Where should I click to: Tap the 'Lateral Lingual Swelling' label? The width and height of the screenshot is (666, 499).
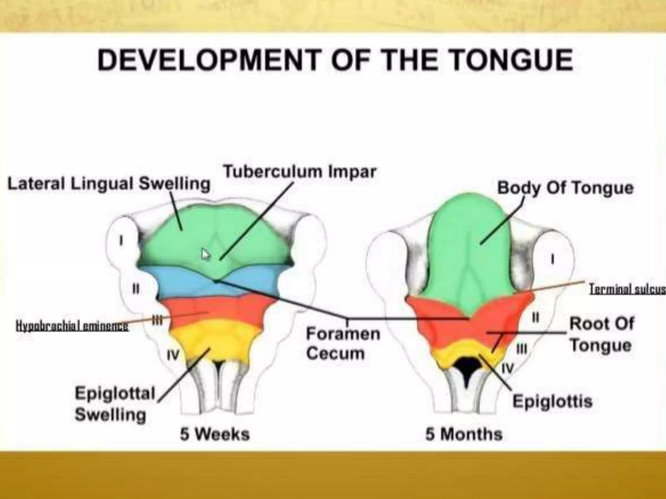pyautogui.click(x=109, y=184)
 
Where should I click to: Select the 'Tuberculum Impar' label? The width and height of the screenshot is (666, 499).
pyautogui.click(x=300, y=171)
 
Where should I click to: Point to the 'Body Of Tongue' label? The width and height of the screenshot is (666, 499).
pyautogui.click(x=566, y=188)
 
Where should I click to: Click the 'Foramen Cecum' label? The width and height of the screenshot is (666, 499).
pyautogui.click(x=343, y=343)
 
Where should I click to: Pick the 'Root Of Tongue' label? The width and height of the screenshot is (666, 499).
pyautogui.click(x=601, y=334)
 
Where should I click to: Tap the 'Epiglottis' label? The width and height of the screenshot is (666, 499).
pyautogui.click(x=553, y=402)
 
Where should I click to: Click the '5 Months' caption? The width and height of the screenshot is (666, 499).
pyautogui.click(x=464, y=434)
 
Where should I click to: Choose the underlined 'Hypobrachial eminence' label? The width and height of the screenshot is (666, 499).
pyautogui.click(x=72, y=326)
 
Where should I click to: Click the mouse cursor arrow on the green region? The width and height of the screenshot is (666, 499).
pyautogui.click(x=205, y=254)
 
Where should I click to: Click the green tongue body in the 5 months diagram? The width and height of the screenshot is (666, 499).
pyautogui.click(x=468, y=247)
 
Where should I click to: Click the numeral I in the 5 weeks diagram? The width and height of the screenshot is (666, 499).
pyautogui.click(x=121, y=241)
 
